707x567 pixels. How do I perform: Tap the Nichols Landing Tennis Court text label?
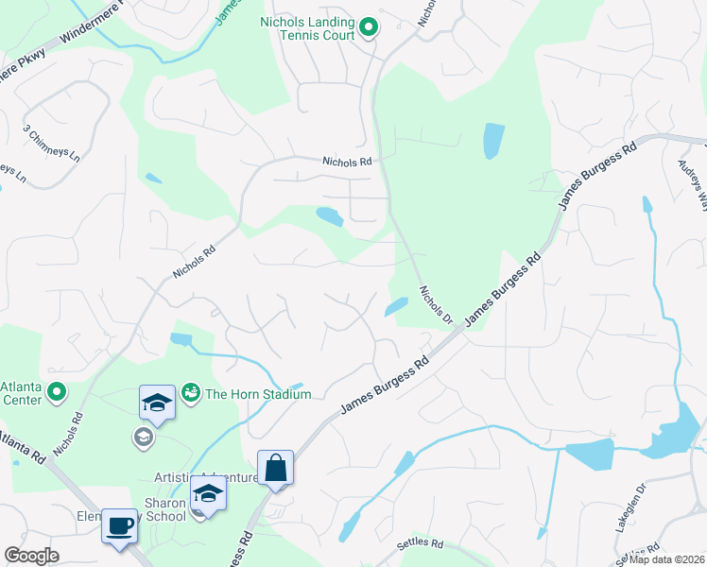tap(308, 28)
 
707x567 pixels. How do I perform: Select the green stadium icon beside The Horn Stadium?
tap(191, 390)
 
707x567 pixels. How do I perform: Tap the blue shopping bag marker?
tap(275, 469)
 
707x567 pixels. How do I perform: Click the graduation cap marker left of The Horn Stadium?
tap(158, 404)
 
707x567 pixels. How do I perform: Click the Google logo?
tap(31, 556)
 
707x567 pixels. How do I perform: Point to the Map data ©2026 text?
tap(666, 559)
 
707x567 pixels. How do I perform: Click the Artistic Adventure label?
tap(206, 478)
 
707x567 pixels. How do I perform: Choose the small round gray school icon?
tap(143, 436)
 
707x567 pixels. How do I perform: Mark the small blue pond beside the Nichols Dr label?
tap(397, 306)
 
